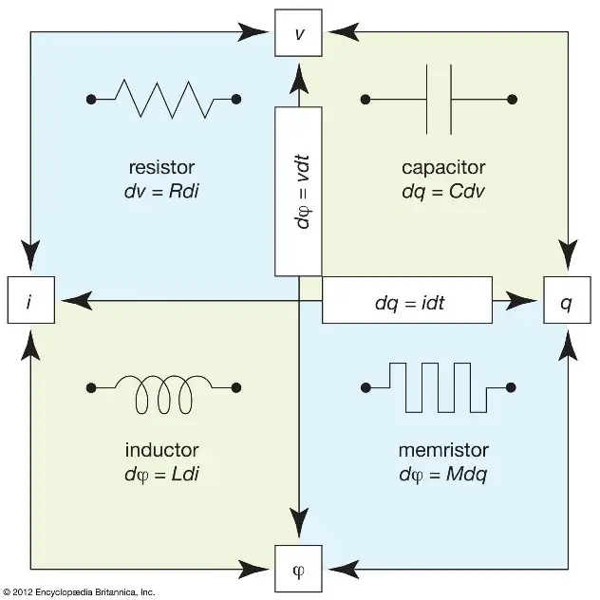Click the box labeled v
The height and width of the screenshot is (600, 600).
tap(299, 31)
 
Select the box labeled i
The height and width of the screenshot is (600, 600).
tap(30, 301)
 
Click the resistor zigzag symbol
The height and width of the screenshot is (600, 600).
tap(163, 98)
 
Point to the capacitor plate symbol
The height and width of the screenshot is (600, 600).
tap(438, 98)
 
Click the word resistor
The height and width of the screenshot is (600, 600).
tap(161, 168)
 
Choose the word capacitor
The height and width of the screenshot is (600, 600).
tap(438, 168)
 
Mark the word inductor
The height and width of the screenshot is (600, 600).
tap(161, 449)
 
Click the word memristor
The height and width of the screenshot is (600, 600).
tap(438, 449)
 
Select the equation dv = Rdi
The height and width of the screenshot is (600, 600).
tap(161, 193)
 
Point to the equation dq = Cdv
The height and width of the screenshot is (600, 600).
tap(438, 193)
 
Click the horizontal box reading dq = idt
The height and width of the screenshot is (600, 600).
tap(407, 301)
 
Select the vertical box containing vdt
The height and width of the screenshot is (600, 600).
tap(299, 190)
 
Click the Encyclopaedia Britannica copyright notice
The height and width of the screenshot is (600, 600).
tap(79, 591)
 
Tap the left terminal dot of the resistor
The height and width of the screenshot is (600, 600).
tap(91, 98)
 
